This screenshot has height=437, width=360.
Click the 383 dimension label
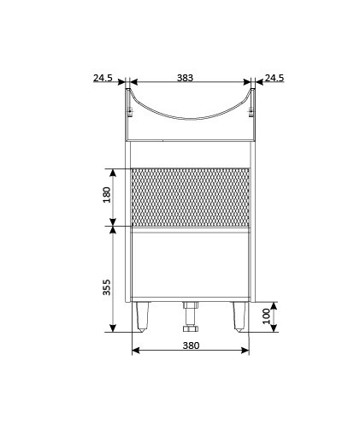tap(185, 78)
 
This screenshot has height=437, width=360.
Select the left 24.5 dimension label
tap(103, 78)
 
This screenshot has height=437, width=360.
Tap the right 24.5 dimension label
tap(274, 78)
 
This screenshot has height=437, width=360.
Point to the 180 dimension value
tap(107, 195)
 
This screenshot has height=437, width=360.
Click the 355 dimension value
tap(107, 287)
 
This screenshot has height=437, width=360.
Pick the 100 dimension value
tap(266, 316)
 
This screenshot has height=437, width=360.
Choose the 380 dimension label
tap(191, 345)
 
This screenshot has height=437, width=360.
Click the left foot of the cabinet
tap(142, 316)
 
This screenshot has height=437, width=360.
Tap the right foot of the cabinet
tap(239, 316)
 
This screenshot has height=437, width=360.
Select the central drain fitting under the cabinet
tap(191, 317)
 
